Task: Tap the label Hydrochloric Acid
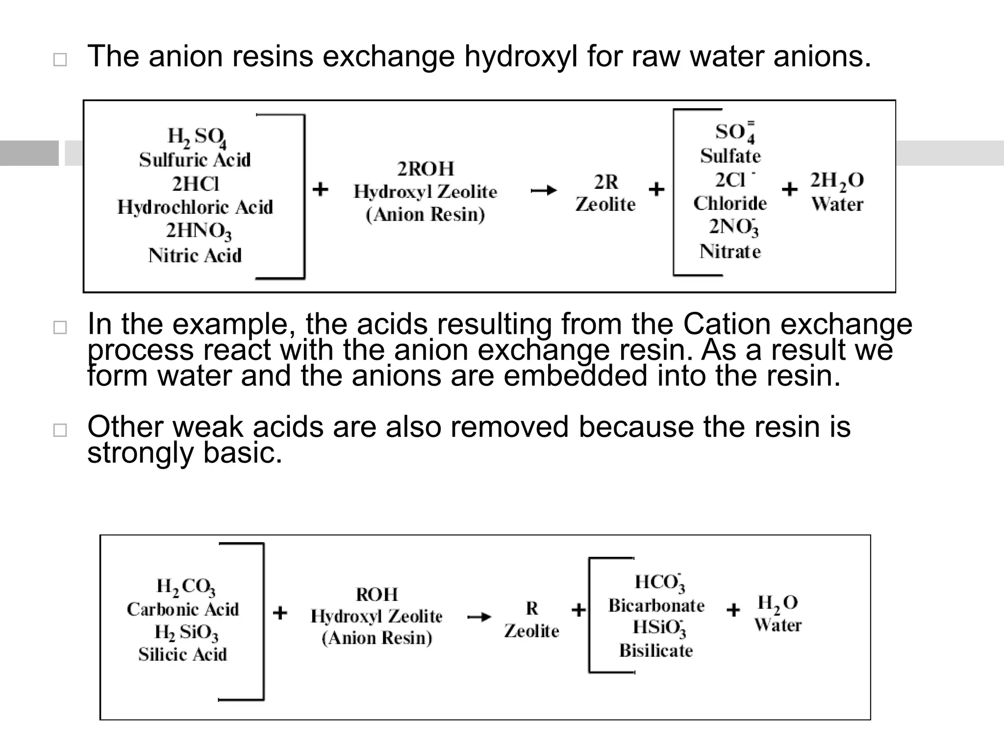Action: (195, 207)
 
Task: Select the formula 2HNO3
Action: (198, 231)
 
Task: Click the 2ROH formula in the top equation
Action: (426, 169)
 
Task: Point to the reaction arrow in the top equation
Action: (544, 190)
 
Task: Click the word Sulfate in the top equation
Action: (730, 156)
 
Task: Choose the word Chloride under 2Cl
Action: (730, 203)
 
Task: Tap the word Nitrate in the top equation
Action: (730, 252)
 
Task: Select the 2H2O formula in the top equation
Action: (837, 181)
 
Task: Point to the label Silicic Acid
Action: (182, 654)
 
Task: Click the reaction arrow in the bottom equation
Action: (478, 617)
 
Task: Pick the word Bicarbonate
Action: (656, 606)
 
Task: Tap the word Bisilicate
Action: (656, 651)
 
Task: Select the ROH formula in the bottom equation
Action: (376, 595)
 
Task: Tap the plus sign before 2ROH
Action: (320, 189)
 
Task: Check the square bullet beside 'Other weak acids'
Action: (60, 430)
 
